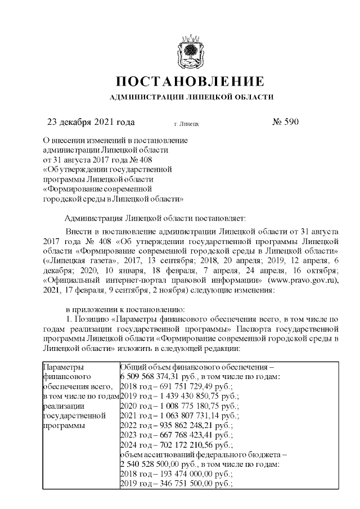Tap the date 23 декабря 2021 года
pos(90,122)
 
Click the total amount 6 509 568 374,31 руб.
pos(155,376)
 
